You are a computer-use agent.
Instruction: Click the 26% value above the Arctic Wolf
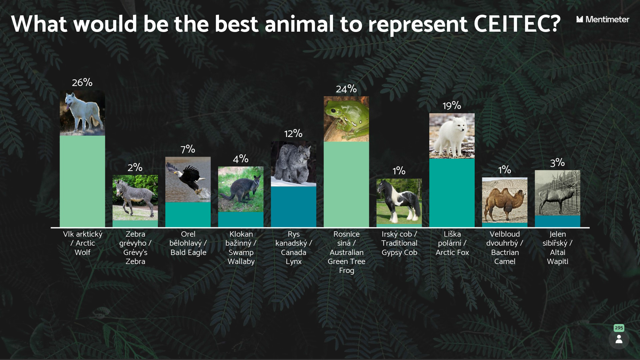[82, 82]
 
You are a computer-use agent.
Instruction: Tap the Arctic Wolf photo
[82, 113]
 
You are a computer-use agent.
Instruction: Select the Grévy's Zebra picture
[135, 198]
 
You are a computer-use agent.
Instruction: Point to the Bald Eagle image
[188, 179]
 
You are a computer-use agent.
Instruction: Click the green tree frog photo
[346, 119]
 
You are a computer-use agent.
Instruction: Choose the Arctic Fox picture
[452, 136]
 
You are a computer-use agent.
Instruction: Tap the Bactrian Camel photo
[505, 200]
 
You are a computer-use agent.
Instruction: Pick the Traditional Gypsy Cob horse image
[399, 201]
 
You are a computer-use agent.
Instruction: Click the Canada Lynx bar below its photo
[294, 207]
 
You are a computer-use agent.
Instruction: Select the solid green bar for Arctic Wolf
[82, 181]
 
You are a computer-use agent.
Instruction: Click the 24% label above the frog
[346, 89]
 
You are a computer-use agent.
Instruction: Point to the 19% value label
[452, 106]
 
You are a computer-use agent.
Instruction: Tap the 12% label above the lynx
[293, 134]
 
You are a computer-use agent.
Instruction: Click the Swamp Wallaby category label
[241, 248]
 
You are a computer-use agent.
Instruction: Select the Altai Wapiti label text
[558, 248]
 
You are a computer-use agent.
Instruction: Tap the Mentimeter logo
[603, 19]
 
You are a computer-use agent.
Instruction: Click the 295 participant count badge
[619, 328]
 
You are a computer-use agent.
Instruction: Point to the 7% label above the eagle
[188, 149]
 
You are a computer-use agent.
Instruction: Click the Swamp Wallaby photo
[241, 189]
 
